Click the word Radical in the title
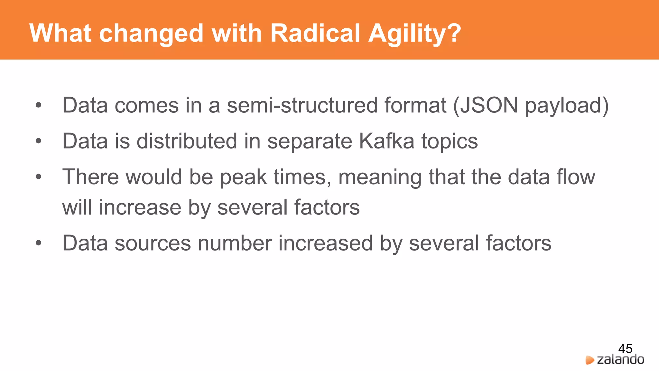coord(315,33)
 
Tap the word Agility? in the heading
coord(415,34)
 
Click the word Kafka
coord(386,141)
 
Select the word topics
coord(450,142)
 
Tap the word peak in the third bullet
coord(243,177)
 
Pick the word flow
coord(576,177)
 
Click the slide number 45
coord(625,348)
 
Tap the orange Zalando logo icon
coord(589,360)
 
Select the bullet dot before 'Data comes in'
coord(39,105)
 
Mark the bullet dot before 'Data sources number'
coord(39,243)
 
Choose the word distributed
coord(187,141)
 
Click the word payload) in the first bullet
coord(567,106)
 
